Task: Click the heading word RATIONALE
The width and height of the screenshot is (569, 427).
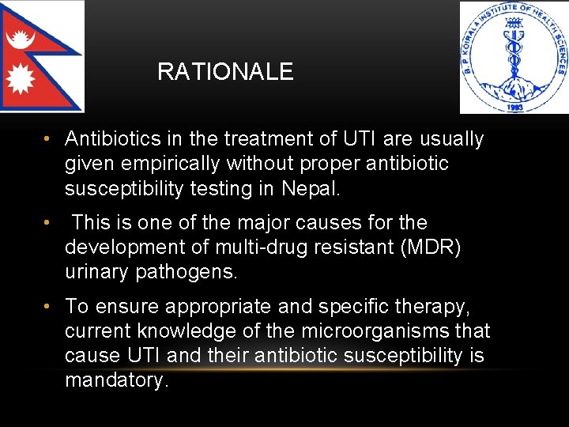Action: click(225, 72)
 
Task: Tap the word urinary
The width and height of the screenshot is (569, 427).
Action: click(97, 271)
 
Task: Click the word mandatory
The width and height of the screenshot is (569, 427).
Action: click(115, 380)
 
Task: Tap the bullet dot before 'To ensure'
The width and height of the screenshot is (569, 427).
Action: click(48, 306)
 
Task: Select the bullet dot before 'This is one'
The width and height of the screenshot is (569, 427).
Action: click(48, 223)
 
